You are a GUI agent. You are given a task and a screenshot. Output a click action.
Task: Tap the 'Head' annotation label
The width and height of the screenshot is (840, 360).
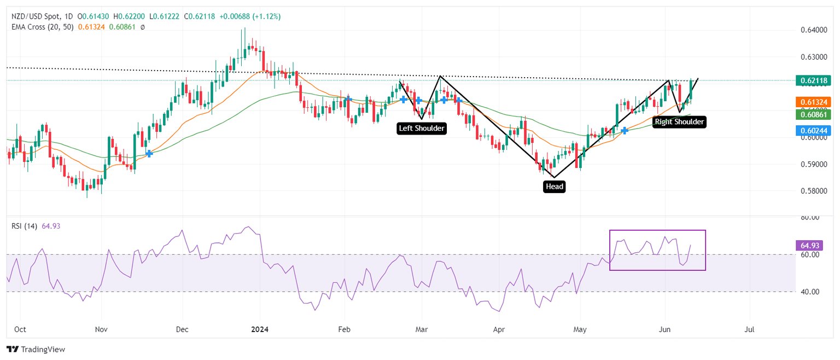click(554, 187)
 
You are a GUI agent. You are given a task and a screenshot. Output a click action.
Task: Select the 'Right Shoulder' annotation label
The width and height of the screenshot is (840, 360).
click(679, 122)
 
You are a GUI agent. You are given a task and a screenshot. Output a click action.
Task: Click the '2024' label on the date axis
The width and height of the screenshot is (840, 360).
click(260, 330)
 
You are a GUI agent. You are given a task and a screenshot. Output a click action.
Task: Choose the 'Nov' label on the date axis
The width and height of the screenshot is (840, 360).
click(101, 330)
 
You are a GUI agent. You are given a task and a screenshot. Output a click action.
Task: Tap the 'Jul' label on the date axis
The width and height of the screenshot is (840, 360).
click(750, 330)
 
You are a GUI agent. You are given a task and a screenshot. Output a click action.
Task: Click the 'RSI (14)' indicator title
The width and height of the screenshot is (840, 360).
click(24, 226)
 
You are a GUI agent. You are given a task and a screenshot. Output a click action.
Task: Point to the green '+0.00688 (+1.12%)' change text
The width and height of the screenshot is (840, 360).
click(250, 16)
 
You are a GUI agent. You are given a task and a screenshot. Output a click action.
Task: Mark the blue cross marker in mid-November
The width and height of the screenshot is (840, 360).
click(149, 154)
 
